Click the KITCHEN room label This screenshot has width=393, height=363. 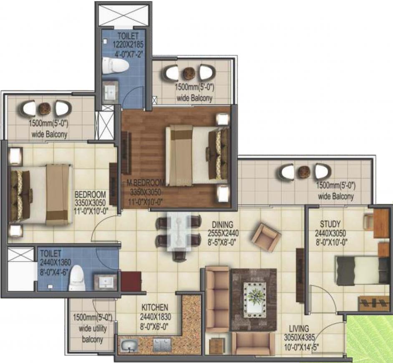(155, 308)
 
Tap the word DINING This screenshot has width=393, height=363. (222, 224)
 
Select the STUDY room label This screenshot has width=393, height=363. (330, 224)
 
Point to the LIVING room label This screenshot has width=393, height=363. (299, 328)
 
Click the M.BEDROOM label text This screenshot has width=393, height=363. (146, 183)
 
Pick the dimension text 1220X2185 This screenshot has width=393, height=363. (128, 45)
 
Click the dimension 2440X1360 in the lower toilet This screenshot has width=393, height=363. (55, 262)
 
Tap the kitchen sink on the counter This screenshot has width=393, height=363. (129, 345)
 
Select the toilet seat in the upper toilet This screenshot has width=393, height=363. (116, 65)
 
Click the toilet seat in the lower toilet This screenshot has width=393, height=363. (78, 278)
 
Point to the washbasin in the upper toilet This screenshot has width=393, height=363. (110, 92)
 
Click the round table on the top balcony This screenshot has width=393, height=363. (188, 73)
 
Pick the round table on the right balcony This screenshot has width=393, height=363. (304, 172)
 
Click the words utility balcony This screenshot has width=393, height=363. (93, 334)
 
